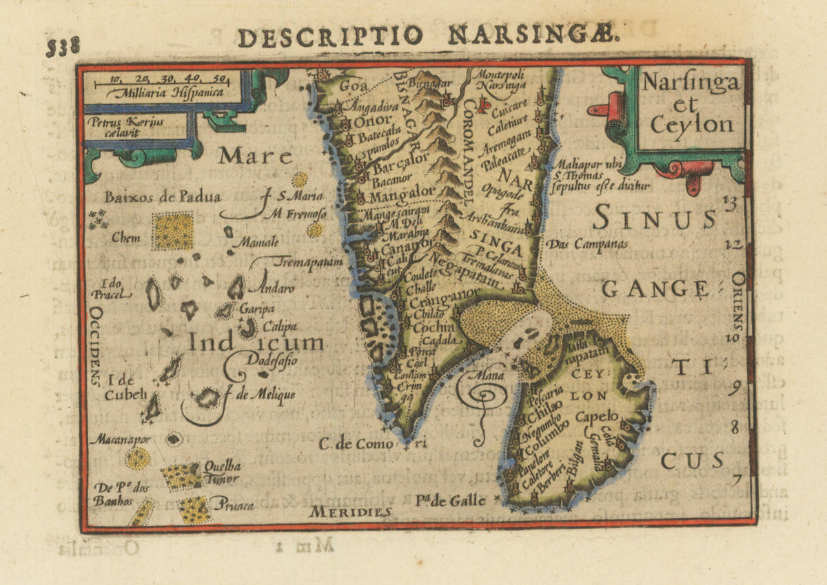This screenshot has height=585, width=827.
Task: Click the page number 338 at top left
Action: (x=63, y=46)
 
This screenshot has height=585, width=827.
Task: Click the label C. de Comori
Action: (x=372, y=444)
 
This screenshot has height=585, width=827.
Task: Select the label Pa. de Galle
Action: (x=451, y=500)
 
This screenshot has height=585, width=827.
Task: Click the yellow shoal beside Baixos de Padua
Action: (x=172, y=231)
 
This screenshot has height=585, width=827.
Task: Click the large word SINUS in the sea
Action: (x=653, y=219)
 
